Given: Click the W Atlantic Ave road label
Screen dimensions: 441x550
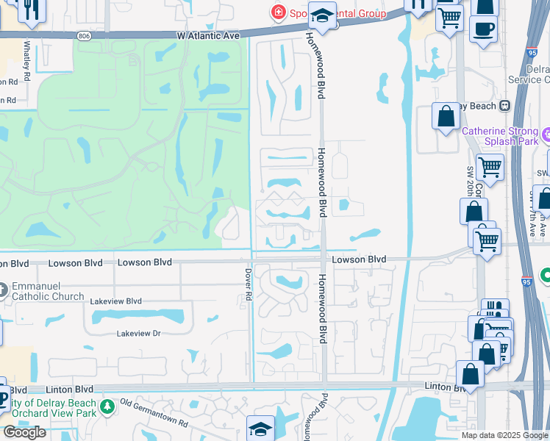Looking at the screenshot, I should [208, 35].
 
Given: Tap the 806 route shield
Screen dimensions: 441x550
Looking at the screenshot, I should [82, 35].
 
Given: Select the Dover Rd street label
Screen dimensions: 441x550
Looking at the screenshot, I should [249, 283].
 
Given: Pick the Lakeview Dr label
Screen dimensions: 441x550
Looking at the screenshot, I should [138, 334].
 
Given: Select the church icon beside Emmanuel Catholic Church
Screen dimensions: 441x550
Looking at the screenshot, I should [3, 290].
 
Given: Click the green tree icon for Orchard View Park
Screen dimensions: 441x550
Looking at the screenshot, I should [107, 405].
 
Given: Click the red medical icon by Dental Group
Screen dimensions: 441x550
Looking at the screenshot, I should [278, 12].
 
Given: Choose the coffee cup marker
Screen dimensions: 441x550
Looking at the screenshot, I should [483, 29].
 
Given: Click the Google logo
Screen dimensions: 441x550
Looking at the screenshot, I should [25, 432].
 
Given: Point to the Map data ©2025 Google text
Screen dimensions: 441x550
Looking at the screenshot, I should [504, 435].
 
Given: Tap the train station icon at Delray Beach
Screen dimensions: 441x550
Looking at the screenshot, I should [504, 105].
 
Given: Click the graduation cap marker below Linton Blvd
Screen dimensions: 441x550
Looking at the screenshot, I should [260, 429].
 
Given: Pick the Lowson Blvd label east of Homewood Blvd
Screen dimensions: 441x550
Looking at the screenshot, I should [358, 259].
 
